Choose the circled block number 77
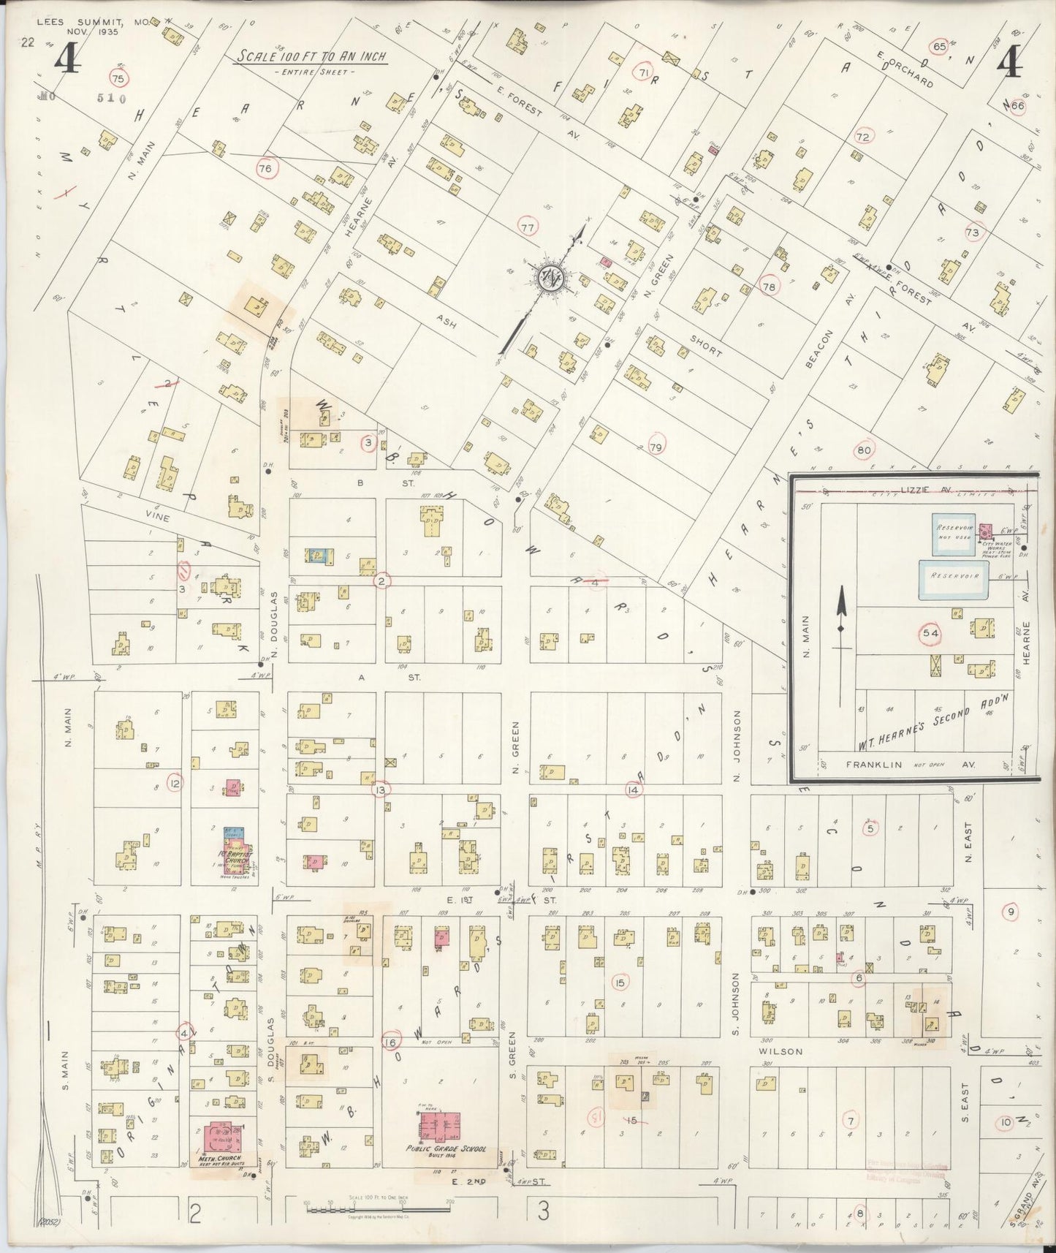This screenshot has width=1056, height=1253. click(528, 227)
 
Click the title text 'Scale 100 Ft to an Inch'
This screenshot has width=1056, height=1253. click(311, 58)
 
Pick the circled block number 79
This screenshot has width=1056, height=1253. click(655, 447)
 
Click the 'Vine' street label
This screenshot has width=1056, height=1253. click(158, 517)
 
